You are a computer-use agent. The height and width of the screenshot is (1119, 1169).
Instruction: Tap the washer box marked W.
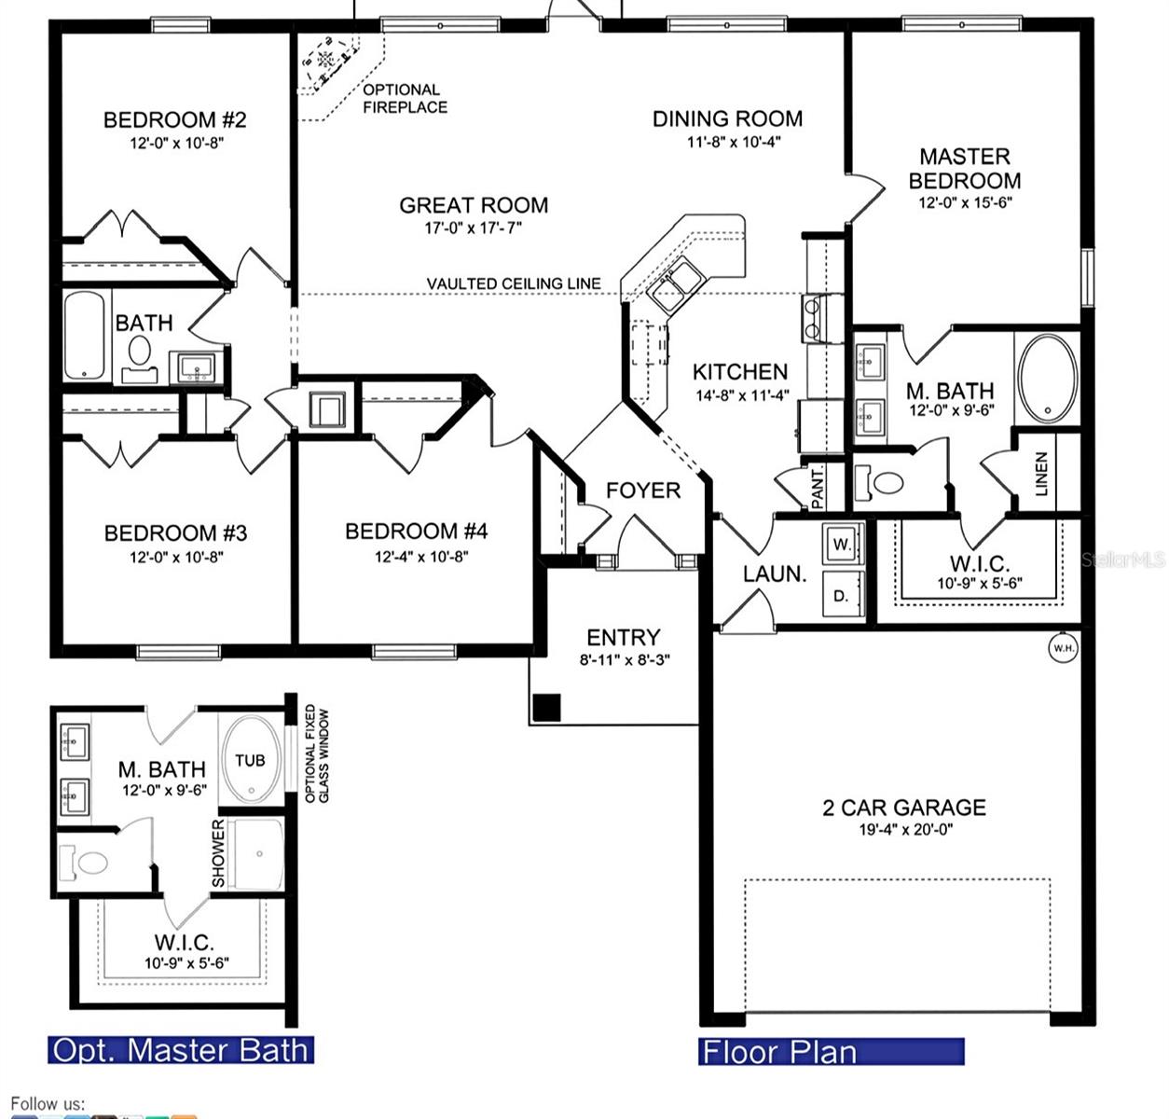(842, 544)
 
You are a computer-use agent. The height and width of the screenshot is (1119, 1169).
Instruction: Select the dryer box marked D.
(842, 594)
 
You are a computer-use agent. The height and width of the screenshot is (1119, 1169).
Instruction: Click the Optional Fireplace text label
(405, 99)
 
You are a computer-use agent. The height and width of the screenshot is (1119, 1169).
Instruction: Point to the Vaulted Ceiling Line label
(514, 283)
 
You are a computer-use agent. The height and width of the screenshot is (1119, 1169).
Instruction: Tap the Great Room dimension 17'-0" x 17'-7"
(474, 228)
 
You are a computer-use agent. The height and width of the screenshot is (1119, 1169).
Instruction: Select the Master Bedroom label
(965, 168)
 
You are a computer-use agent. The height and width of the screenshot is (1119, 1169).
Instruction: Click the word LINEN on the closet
(1041, 474)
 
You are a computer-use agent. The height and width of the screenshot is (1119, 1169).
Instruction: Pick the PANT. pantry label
(817, 489)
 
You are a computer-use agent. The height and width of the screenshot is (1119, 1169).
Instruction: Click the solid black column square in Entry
(546, 708)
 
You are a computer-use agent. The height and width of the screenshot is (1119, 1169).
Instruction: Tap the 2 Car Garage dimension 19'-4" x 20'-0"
(906, 830)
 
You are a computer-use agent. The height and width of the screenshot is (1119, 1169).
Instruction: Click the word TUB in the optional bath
(250, 760)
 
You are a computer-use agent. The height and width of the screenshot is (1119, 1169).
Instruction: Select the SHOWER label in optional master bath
(218, 853)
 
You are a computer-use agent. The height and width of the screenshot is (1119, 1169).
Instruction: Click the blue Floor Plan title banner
(831, 1051)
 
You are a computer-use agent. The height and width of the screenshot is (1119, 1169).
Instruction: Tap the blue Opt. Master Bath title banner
(181, 1050)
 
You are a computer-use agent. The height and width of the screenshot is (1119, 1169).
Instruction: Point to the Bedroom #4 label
(417, 531)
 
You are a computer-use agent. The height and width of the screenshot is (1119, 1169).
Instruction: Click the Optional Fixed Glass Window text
(317, 753)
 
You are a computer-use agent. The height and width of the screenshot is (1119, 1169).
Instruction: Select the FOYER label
(643, 490)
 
